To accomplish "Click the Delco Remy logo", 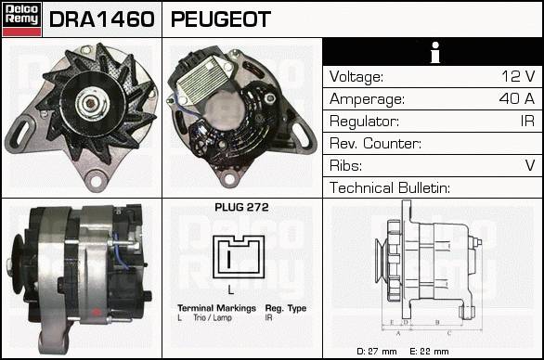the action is point(21,19).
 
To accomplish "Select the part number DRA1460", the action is point(102,19).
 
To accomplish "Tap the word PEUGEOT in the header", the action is point(221,19).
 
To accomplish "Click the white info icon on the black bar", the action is point(435,52).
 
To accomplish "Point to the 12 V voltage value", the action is point(518,76).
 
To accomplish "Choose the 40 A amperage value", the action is point(516,98).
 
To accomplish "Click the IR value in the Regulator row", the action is point(527,121).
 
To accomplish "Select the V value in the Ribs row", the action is point(530,165).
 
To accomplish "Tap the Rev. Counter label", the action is point(375,143).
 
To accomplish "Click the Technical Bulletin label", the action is point(390,187).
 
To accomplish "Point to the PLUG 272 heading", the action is point(241,207).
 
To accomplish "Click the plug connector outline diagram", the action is point(239,257).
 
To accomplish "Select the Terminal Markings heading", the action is point(216,308).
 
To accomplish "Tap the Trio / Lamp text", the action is point(213,317).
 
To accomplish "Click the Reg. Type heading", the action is point(286,308).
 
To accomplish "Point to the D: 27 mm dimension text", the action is point(376,352).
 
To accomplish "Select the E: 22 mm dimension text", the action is point(429,352).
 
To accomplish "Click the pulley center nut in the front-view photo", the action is point(91,103).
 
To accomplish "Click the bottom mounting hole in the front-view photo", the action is point(96,180).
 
